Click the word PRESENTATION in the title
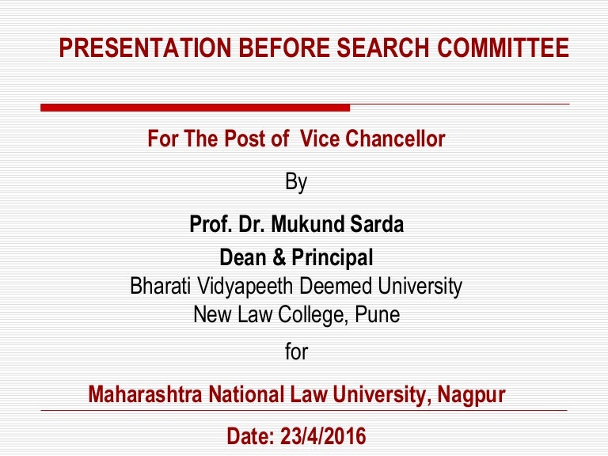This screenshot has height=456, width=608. pos(146,47)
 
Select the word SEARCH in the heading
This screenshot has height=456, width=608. pos(382,47)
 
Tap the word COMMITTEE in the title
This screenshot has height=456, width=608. pos(503,47)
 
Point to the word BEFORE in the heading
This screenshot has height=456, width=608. pos(284,47)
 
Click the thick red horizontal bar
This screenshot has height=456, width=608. pos(195,108)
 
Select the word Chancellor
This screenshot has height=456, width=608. pos(395,139)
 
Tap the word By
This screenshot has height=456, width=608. pos(296,182)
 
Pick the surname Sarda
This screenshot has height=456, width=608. pos(377,224)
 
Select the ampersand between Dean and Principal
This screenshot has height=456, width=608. pos(279,257)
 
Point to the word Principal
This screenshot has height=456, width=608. pos(332,258)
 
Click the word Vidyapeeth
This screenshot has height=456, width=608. pos(245,286)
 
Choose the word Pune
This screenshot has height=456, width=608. pos(378,314)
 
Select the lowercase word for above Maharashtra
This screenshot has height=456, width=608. pos(297,351)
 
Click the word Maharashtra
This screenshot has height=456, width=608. pos(146,394)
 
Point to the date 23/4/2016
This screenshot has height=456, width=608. pos(323,436)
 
